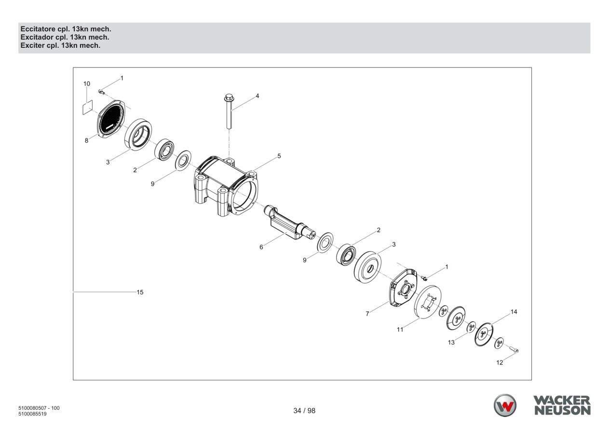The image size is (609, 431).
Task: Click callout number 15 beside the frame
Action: coord(140,292)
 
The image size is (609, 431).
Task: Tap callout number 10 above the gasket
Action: coord(86,84)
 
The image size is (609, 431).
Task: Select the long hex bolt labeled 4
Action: coord(229,111)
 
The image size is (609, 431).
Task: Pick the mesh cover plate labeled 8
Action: coord(111,119)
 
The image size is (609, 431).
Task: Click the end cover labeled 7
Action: coord(403,288)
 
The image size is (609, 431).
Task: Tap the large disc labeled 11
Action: coord(428,302)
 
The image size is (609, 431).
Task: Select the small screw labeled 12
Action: coord(514,349)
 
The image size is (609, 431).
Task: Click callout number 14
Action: coord(514,312)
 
